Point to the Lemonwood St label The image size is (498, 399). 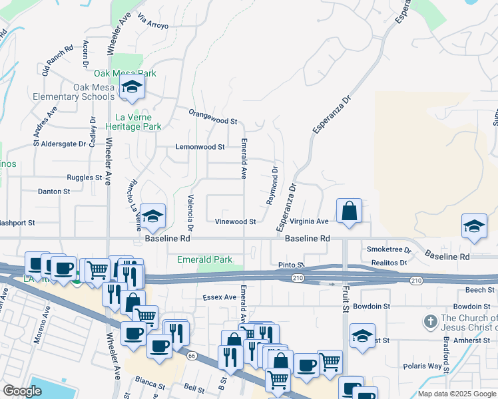(200, 146)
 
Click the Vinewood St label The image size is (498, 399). (236, 221)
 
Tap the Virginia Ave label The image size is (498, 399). (310, 221)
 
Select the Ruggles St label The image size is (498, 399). (85, 178)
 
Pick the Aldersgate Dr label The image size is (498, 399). (65, 143)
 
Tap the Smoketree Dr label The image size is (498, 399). (389, 250)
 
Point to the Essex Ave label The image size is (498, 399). (220, 297)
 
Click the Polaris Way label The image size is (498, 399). (423, 366)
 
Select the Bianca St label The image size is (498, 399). (149, 385)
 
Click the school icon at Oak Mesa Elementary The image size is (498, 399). (132, 87)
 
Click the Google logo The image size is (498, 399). (23, 392)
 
